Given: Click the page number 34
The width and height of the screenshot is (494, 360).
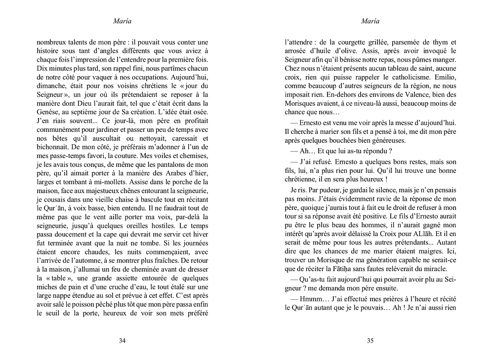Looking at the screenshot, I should point(123,340).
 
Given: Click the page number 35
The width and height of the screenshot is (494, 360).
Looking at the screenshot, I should point(371,340).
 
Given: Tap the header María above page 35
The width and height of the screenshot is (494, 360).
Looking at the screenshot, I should point(371,21).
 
